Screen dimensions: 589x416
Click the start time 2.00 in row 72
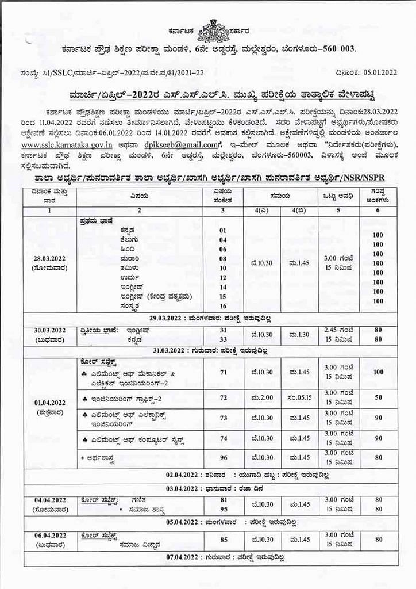coord(261,397)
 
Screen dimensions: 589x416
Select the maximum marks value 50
coord(378,397)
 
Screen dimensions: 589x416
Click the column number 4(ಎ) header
coord(261,211)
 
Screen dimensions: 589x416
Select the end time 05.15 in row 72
coord(299,397)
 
